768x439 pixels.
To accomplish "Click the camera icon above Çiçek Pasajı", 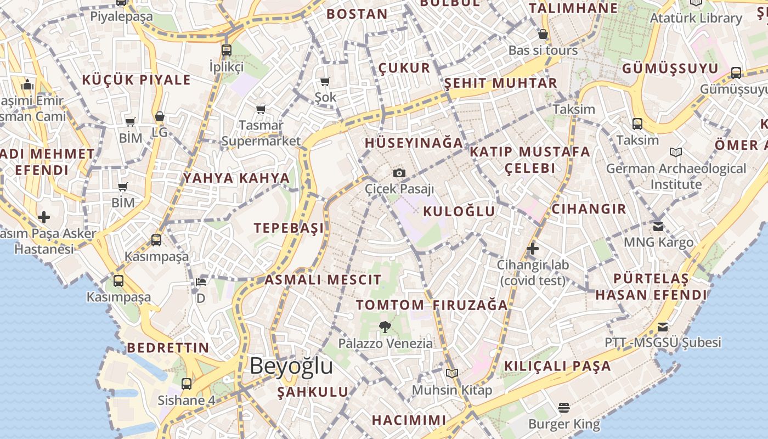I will (399, 173).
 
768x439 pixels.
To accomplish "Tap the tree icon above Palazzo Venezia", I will (385, 327).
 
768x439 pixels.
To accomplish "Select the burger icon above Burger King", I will (564, 408).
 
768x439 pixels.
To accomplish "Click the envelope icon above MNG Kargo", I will (658, 226).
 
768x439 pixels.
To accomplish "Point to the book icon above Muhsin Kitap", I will (452, 374).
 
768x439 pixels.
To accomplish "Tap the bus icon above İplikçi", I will (227, 50).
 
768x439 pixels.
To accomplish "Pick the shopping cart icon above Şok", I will (325, 82).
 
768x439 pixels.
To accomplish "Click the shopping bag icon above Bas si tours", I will (543, 34).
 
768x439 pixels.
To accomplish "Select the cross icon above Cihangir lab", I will (532, 249).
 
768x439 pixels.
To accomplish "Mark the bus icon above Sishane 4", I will (187, 384).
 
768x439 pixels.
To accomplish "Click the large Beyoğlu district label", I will (291, 366).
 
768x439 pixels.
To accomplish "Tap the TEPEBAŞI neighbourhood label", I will (289, 228).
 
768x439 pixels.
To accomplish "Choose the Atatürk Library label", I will (696, 18).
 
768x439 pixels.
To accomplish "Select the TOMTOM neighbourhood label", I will (390, 305).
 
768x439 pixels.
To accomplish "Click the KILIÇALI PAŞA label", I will (557, 366).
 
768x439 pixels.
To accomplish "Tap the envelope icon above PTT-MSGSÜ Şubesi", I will (663, 327).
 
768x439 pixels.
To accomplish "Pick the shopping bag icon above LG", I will (160, 116).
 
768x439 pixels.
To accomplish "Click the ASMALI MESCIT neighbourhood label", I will (323, 280).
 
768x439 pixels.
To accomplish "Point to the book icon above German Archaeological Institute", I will (676, 152).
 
